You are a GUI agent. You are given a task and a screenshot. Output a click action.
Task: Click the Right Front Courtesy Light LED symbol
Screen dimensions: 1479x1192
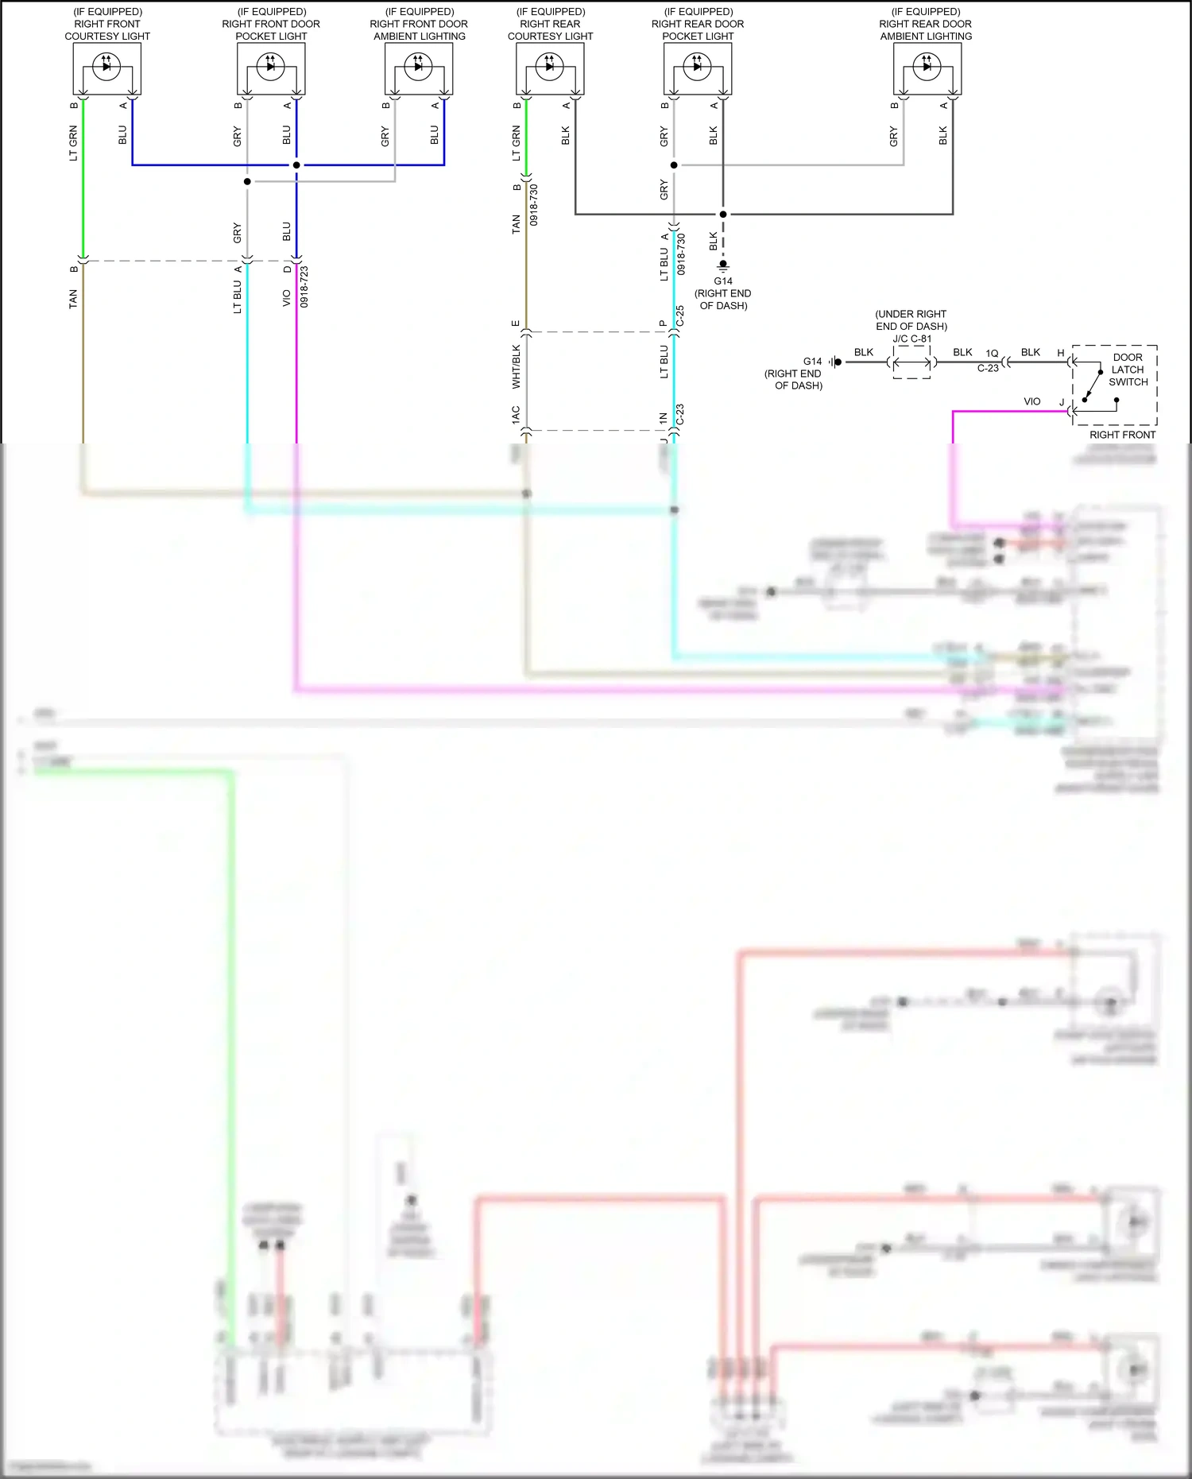pos(106,67)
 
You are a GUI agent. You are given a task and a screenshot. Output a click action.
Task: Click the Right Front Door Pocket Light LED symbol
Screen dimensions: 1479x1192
pos(270,67)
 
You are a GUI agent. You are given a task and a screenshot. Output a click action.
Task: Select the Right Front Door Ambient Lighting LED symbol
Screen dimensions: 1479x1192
pos(418,67)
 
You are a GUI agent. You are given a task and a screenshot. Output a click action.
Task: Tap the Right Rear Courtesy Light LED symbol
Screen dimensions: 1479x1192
pos(549,67)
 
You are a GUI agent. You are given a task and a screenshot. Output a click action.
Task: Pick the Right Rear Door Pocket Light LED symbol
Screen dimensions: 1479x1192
pos(697,67)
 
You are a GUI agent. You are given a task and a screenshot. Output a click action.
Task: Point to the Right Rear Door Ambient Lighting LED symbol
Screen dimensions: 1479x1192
pos(927,67)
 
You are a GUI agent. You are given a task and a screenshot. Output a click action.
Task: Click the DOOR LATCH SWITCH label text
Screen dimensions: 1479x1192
pos(1128,370)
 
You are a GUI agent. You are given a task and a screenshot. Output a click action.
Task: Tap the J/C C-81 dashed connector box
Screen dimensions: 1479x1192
pos(911,362)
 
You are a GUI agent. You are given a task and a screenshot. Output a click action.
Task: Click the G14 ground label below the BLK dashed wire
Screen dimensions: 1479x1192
pos(723,281)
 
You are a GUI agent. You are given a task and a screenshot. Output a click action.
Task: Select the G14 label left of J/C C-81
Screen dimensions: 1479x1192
pos(812,362)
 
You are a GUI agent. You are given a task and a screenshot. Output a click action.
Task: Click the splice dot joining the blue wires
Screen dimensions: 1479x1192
pos(296,165)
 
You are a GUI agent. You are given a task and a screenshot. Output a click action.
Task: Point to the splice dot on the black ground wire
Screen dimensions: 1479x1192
pos(723,214)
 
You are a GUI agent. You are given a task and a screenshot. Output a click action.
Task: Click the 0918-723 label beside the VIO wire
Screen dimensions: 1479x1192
pos(304,287)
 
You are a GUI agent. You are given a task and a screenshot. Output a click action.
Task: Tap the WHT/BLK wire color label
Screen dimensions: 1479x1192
pos(516,367)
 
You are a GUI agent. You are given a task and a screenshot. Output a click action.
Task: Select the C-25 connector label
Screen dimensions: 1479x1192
pos(680,316)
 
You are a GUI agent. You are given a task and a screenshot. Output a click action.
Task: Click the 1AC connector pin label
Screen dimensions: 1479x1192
pos(516,415)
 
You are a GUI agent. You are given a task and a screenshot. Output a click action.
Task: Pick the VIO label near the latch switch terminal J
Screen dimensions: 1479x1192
pos(1031,402)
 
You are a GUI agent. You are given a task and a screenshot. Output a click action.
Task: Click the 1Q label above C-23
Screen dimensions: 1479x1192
pos(992,354)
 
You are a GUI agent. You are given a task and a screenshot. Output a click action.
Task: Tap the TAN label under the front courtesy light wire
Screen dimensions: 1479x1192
pos(73,299)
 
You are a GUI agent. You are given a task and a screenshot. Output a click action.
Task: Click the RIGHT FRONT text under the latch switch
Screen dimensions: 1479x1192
pos(1122,435)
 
